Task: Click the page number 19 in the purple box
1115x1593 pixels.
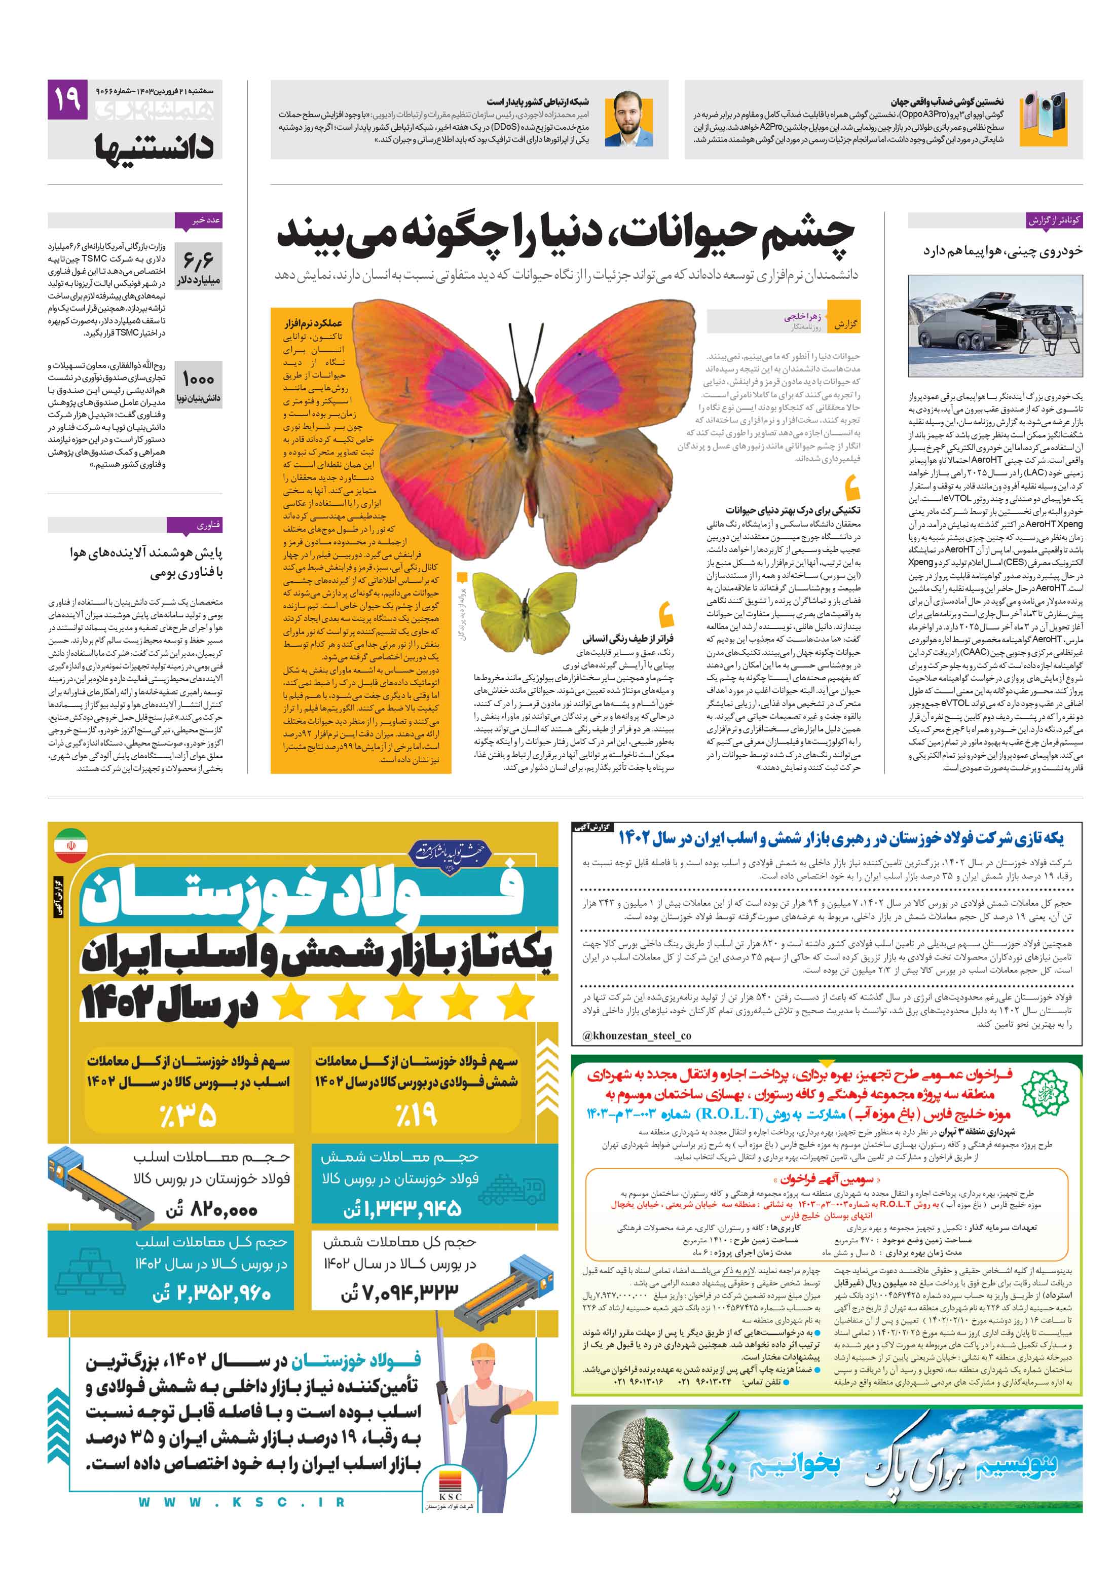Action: (67, 99)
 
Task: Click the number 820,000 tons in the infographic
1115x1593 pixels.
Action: (212, 1210)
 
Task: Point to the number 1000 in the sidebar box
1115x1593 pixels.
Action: (198, 379)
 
